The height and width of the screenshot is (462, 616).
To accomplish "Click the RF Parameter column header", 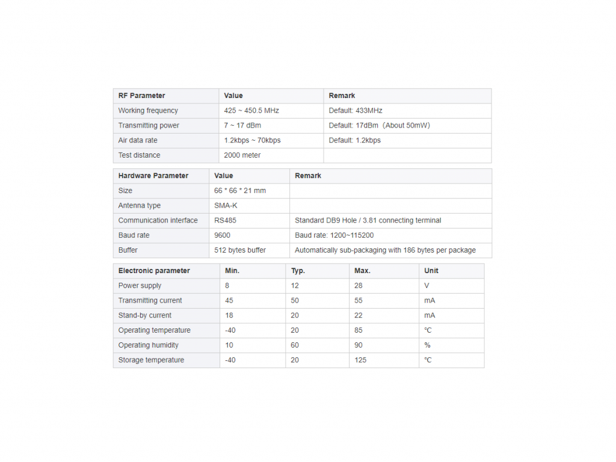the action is [141, 96].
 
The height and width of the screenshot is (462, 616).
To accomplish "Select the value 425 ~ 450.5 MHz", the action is [251, 111].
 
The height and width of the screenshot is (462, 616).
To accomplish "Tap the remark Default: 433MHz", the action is [356, 111].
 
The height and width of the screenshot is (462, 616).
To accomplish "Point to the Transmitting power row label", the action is [149, 126].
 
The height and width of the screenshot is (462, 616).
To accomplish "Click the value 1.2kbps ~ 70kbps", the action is [252, 140].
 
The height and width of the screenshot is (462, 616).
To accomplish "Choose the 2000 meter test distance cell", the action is [242, 155].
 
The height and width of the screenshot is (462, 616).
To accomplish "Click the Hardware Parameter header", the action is [153, 176].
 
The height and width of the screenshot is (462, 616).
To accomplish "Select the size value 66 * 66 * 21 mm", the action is [240, 191].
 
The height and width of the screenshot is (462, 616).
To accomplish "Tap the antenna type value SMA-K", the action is [226, 206].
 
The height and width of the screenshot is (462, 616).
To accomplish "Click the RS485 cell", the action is [225, 220].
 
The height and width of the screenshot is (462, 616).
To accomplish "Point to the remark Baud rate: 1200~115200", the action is [334, 235].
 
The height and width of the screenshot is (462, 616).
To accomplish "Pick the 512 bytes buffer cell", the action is [240, 250].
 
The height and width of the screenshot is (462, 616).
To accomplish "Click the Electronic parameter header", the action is [154, 271].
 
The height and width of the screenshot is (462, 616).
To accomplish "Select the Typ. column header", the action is [298, 271].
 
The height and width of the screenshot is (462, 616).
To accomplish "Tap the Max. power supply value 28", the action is [359, 286].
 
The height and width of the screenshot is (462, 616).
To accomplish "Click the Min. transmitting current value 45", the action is [229, 301].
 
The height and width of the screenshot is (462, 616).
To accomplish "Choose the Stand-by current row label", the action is [145, 315].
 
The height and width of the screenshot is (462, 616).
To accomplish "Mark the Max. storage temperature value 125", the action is [360, 360].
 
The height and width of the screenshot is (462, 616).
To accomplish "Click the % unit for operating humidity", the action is [427, 345].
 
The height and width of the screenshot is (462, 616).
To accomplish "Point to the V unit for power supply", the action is [427, 286].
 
